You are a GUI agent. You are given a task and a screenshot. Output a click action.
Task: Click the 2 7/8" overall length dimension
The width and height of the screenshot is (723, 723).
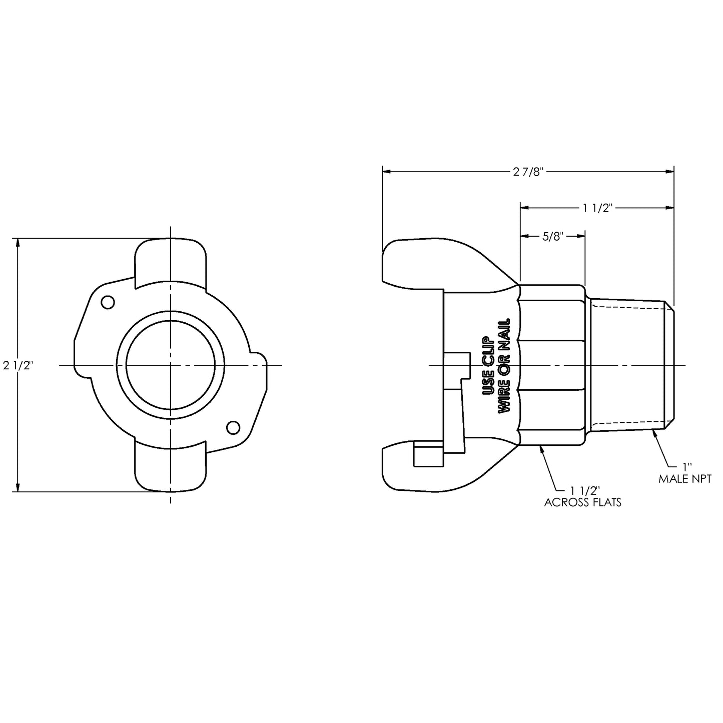(528, 172)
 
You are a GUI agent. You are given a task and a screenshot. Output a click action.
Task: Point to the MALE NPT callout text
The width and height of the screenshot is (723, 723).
(684, 479)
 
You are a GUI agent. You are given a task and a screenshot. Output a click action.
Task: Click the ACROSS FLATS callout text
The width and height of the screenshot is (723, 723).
(582, 502)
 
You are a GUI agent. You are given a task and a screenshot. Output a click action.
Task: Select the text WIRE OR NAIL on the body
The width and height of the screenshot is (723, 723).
(505, 365)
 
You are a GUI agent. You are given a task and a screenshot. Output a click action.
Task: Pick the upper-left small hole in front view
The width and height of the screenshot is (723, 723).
(108, 302)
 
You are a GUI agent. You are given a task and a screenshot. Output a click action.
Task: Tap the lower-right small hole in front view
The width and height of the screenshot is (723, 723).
(233, 427)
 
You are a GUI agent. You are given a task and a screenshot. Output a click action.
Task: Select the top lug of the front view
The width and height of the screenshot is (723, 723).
(171, 263)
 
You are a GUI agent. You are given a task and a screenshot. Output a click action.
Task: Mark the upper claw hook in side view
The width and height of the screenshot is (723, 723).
(400, 265)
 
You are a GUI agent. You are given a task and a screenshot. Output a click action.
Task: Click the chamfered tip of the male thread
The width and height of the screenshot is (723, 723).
(670, 365)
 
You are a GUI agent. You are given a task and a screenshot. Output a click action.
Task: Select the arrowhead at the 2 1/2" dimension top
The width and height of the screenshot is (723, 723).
(19, 243)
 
